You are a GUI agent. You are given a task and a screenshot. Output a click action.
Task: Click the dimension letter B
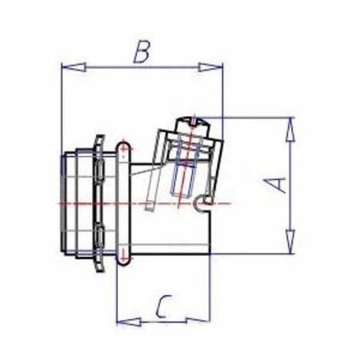coord(142,53)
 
